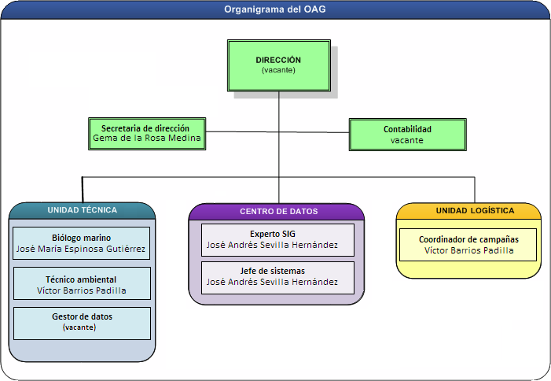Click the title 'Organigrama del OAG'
275,9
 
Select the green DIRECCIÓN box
279,65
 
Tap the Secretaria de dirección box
147,134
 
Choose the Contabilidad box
408,135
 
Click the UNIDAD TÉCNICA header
83,210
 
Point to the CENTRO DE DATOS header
279,212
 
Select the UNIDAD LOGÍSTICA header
475,211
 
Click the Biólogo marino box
81,243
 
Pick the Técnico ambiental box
82,283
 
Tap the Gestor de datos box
82,324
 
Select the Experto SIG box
277,240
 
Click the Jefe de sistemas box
277,278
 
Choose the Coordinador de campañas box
468,245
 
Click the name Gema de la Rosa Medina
147,138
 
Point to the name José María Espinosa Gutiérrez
81,249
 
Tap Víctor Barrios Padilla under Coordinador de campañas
469,250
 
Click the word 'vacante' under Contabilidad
407,140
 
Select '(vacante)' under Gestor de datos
79,327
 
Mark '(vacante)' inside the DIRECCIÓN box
278,70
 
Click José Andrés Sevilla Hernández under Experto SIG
272,245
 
